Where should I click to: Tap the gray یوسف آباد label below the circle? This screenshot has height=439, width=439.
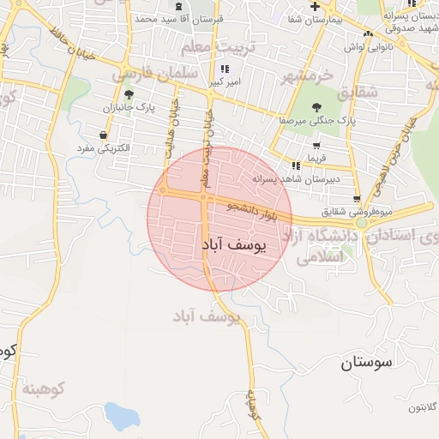tap(210, 316)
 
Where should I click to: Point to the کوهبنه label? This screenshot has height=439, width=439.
tap(45, 390)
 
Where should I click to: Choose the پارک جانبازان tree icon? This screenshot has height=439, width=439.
tap(129, 94)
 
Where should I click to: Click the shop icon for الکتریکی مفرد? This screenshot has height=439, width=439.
tap(104, 135)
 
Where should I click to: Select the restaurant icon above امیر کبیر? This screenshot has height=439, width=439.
tap(225, 69)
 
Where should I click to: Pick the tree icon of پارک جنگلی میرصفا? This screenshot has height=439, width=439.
tap(317, 107)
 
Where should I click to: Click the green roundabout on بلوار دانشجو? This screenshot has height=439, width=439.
tap(362, 223)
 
